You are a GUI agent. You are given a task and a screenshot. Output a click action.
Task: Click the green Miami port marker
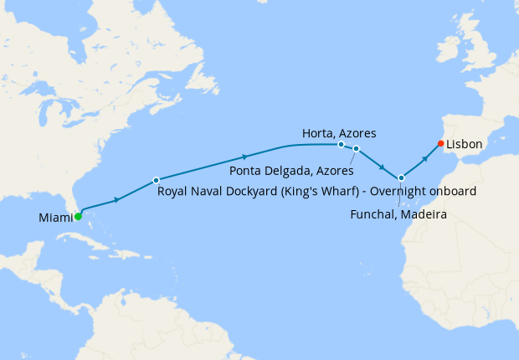(x=78, y=216)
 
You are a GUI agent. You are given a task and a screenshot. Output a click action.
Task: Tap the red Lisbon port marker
(x=441, y=142)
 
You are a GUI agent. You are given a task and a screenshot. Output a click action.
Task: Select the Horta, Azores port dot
(x=341, y=144)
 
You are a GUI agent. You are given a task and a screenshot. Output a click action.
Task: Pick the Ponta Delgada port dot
(x=356, y=149)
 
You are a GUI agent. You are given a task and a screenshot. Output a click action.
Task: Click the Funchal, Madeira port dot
(x=402, y=177)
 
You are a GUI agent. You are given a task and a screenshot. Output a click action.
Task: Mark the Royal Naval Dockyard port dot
(x=156, y=180)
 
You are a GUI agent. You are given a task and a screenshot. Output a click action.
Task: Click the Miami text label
(x=54, y=219)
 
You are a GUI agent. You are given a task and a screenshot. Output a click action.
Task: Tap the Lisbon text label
(x=465, y=144)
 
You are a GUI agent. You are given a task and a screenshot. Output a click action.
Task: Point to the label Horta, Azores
(x=339, y=132)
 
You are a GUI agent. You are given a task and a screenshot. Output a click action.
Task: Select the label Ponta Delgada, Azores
(x=290, y=171)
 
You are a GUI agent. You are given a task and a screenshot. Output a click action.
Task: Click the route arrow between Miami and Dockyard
(x=117, y=198)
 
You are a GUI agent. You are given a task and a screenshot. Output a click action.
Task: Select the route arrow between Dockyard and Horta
(x=244, y=157)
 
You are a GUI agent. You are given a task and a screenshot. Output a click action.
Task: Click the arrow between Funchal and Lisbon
(x=425, y=157)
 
